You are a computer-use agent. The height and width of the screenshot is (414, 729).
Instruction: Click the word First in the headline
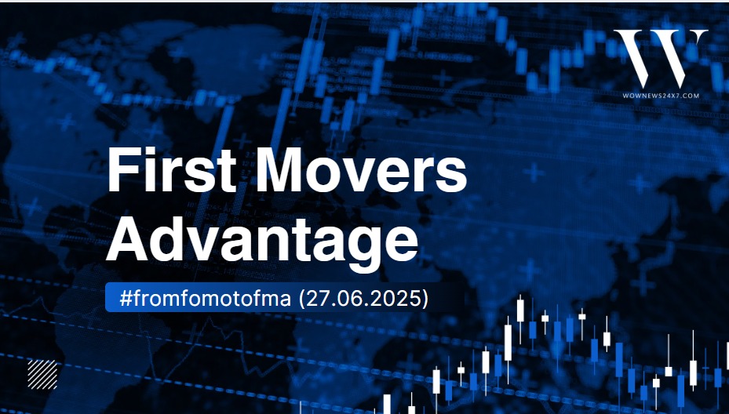tap(172, 169)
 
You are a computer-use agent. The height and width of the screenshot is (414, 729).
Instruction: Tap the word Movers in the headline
tap(361, 169)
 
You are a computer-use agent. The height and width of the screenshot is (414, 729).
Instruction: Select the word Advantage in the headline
tap(262, 242)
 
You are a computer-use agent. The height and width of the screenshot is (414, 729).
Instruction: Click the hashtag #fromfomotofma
tap(206, 298)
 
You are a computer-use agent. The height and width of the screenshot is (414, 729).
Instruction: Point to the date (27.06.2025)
tap(363, 298)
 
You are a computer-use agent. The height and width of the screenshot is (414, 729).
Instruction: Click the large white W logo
tap(661, 59)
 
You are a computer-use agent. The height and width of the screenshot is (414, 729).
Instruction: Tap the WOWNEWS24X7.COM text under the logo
tap(661, 96)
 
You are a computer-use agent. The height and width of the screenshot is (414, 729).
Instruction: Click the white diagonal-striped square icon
tap(42, 375)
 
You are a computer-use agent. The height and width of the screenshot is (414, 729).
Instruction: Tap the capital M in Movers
tap(280, 169)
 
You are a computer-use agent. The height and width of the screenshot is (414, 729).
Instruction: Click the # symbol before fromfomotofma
tap(126, 298)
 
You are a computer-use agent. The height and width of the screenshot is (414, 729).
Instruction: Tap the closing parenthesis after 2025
tap(425, 298)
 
